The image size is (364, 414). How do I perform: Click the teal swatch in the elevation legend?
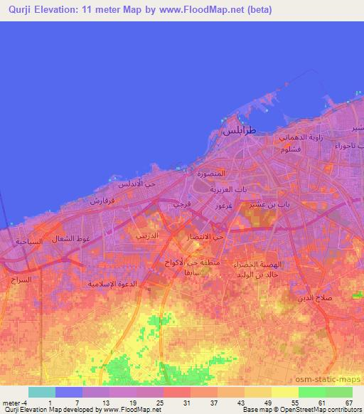42,392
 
